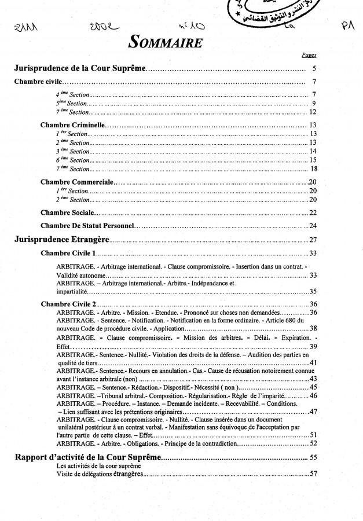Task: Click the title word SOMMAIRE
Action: coord(165,42)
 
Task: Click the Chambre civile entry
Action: coord(38,82)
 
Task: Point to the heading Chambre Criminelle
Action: coord(72,124)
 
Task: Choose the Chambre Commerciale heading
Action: coord(76,182)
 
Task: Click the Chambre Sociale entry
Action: coord(66,212)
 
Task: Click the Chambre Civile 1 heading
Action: coord(68,253)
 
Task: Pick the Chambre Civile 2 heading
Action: coord(69,303)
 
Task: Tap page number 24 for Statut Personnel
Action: coord(313,225)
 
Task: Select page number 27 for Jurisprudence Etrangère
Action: coord(313,240)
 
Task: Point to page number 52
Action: coord(313,443)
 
